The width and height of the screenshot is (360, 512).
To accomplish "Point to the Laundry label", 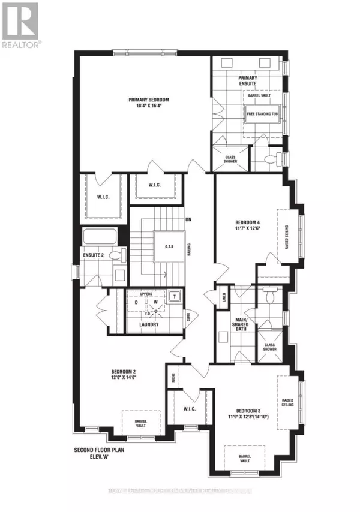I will (x=147, y=324).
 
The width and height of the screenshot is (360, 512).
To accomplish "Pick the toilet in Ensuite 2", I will (x=119, y=256).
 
